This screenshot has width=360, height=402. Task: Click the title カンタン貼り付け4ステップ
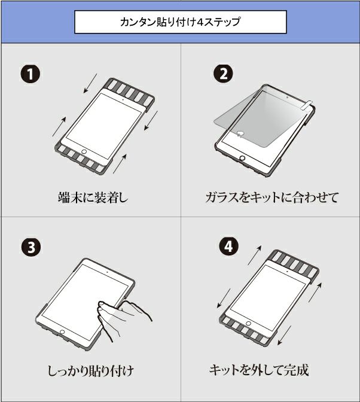[180, 22]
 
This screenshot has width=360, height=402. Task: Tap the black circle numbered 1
[30, 74]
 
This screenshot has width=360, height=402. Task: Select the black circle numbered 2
[223, 74]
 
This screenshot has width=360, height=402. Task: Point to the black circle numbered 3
[31, 248]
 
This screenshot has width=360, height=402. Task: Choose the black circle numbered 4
[229, 246]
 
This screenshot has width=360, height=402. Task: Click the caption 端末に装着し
[93, 197]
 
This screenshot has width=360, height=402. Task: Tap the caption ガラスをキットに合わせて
[272, 197]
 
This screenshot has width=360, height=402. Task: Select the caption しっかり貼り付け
[91, 371]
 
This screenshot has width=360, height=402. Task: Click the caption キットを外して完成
[259, 370]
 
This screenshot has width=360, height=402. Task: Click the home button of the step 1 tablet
[84, 151]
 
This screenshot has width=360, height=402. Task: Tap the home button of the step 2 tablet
[242, 158]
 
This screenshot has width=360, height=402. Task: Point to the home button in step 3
[62, 332]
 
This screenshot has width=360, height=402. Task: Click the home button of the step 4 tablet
[248, 323]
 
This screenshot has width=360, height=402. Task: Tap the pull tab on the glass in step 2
[307, 105]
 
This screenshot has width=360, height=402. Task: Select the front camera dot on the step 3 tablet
[107, 271]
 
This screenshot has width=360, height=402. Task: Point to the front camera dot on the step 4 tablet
[287, 271]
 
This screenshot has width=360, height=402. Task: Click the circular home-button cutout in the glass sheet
[240, 133]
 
